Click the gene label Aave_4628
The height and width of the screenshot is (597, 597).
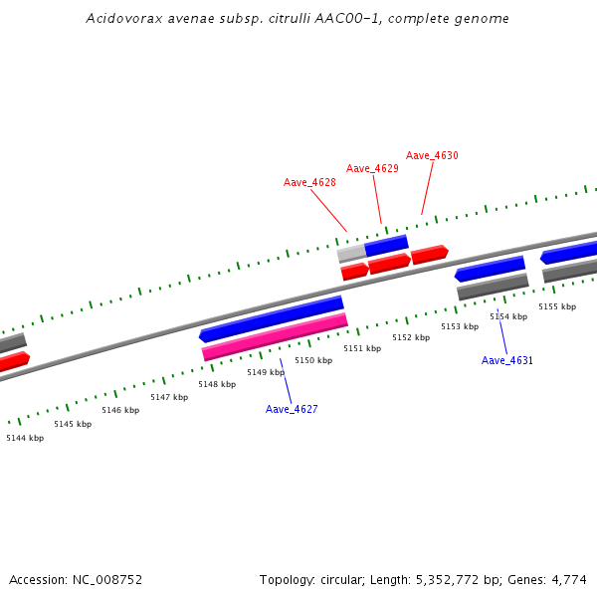pos(309,182)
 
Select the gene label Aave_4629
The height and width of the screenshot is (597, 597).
pos(372,168)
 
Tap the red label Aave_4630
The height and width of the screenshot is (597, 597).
pos(432,155)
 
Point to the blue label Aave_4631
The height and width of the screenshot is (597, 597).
pos(507,360)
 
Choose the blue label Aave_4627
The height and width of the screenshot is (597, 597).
pos(292,409)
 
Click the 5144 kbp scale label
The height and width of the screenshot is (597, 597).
pos(25,438)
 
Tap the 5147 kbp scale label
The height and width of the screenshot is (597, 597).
pos(169,397)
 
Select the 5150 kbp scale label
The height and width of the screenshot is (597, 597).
pos(313,360)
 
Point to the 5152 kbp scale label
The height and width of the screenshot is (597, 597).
pos(411,337)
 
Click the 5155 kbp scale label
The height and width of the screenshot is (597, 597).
pos(557,306)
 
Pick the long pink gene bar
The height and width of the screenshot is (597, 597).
pos(275,337)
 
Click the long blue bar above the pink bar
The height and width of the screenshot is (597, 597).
pos(272,318)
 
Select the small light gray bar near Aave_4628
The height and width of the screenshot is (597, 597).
pos(351,255)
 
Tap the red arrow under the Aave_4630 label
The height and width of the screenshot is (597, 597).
pos(430,254)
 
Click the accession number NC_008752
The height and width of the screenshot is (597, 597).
pos(103,579)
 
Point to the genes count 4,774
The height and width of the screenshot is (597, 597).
pos(569,579)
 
